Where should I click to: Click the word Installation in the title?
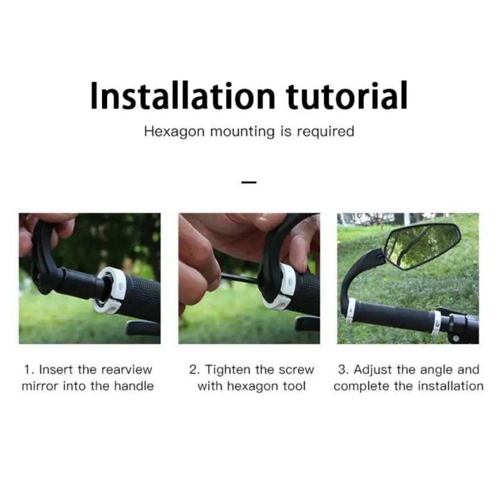point(182,96)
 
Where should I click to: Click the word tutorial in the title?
point(347,96)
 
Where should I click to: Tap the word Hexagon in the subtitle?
point(174,132)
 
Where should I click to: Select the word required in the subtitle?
point(326,132)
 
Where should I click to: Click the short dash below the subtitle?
point(249,182)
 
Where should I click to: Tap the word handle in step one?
point(134,386)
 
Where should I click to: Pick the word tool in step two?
point(294,386)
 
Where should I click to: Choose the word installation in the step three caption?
point(450,386)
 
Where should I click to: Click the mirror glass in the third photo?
point(423,247)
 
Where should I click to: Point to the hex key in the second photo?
point(242,278)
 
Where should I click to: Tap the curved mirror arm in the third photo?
point(357,280)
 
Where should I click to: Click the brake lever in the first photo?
point(143,328)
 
